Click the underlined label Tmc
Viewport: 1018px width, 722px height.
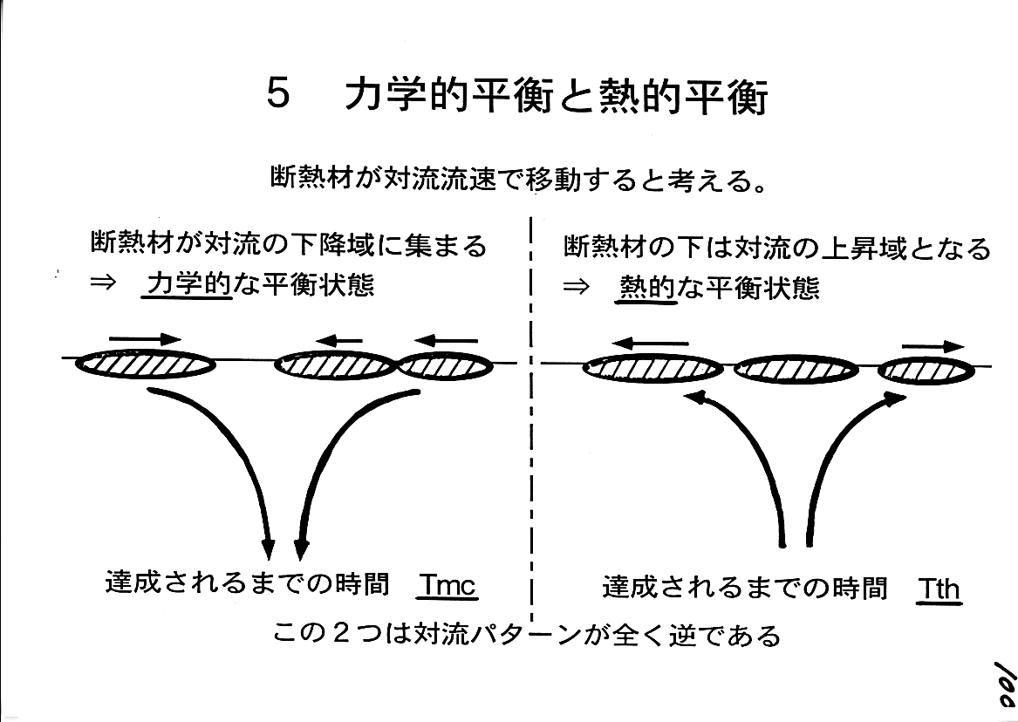click(448, 585)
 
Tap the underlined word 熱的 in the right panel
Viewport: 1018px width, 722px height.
click(646, 287)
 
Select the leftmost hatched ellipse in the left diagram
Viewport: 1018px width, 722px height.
click(144, 364)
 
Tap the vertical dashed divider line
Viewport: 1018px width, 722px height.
click(531, 436)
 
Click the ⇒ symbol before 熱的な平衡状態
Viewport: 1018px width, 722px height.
click(577, 288)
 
